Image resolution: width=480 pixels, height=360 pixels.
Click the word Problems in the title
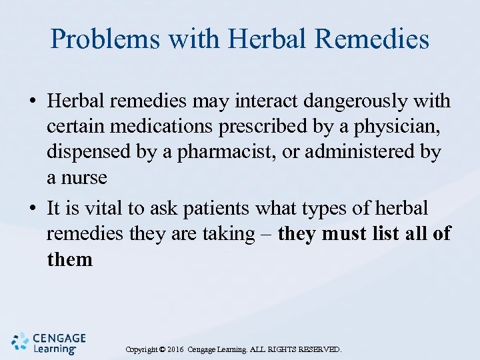pyautogui.click(x=105, y=39)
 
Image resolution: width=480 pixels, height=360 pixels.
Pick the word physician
pyautogui.click(x=393, y=127)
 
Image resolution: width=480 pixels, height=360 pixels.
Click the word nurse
pyautogui.click(x=84, y=177)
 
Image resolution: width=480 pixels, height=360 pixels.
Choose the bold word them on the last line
pyautogui.click(x=70, y=259)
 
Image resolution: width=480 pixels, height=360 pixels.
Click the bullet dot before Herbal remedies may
pyautogui.click(x=33, y=102)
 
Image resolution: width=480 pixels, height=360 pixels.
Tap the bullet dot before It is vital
pyautogui.click(x=33, y=209)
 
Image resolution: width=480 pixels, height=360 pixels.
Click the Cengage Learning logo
pyautogui.click(x=49, y=342)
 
